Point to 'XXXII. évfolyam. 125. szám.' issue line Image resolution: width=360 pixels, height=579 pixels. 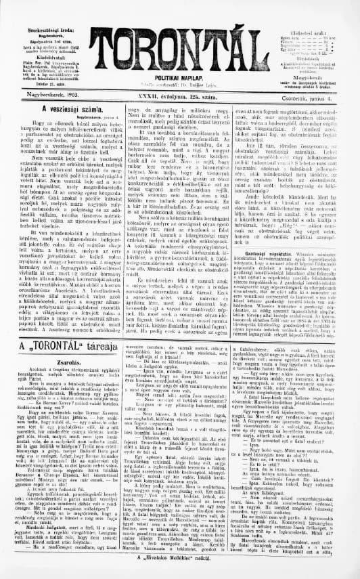click(178, 99)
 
